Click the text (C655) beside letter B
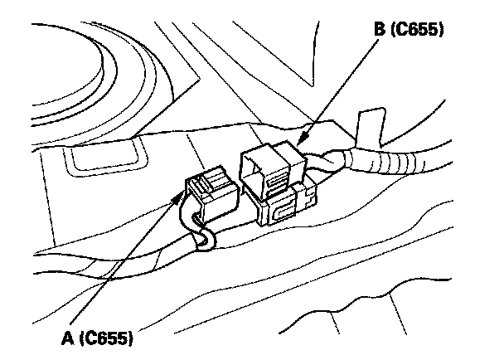pyautogui.click(x=419, y=31)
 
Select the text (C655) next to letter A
pyautogui.click(x=108, y=338)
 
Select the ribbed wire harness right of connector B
pyautogui.click(x=398, y=162)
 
